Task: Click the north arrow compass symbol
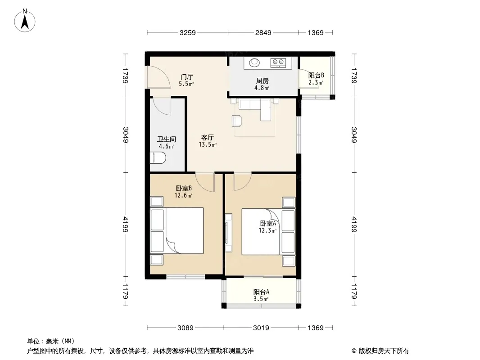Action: [25, 20]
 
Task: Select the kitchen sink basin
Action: [254, 63]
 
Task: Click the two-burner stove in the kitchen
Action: [278, 63]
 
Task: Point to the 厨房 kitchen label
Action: [263, 81]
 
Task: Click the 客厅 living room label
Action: [208, 138]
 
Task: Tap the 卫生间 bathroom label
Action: [167, 139]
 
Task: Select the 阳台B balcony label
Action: [316, 75]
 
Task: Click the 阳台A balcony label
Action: [261, 292]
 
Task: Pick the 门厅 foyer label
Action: [186, 76]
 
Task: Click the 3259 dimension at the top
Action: [187, 32]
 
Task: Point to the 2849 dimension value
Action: [263, 32]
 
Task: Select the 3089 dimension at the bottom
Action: [186, 328]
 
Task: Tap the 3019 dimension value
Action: [261, 328]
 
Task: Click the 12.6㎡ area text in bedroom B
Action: [183, 195]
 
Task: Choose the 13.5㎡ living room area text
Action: [208, 144]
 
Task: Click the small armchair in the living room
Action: [237, 121]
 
